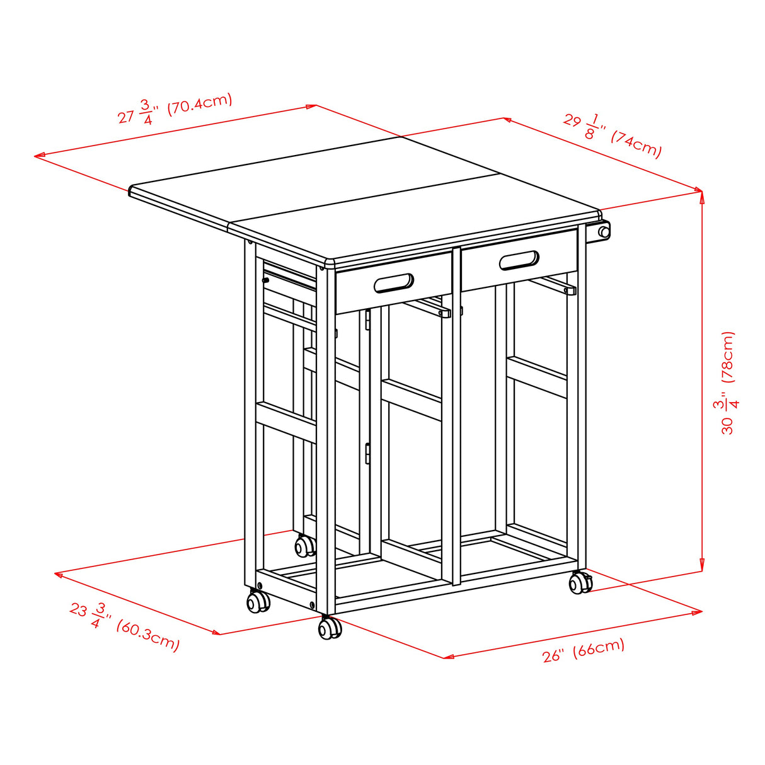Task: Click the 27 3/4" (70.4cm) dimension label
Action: (175, 109)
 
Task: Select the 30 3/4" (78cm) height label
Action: (728, 382)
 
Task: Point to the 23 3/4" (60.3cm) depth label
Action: (124, 626)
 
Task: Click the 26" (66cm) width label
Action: (583, 650)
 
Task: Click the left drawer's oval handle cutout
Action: (394, 283)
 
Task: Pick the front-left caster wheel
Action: (258, 601)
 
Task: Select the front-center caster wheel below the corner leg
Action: (329, 628)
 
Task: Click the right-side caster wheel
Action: (580, 583)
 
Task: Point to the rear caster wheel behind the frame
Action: (306, 545)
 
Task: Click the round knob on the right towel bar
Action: (604, 232)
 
